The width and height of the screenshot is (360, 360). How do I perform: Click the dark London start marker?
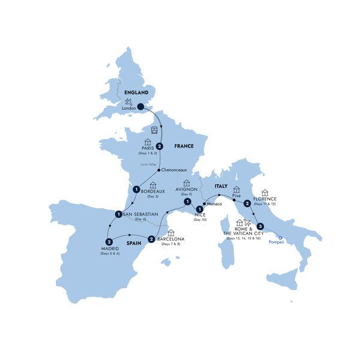click(140, 107)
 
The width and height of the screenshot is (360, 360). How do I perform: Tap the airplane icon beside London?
click(127, 103)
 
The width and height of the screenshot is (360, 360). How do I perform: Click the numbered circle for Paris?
click(160, 145)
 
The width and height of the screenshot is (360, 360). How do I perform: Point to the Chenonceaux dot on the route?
click(151, 169)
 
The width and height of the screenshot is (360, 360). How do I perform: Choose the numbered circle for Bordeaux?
click(137, 190)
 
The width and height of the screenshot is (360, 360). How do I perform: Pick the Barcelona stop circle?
click(152, 239)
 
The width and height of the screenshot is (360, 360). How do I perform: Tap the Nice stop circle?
click(199, 209)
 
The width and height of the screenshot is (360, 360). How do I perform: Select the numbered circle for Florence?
click(247, 204)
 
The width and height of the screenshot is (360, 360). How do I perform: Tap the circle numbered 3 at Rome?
click(260, 227)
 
